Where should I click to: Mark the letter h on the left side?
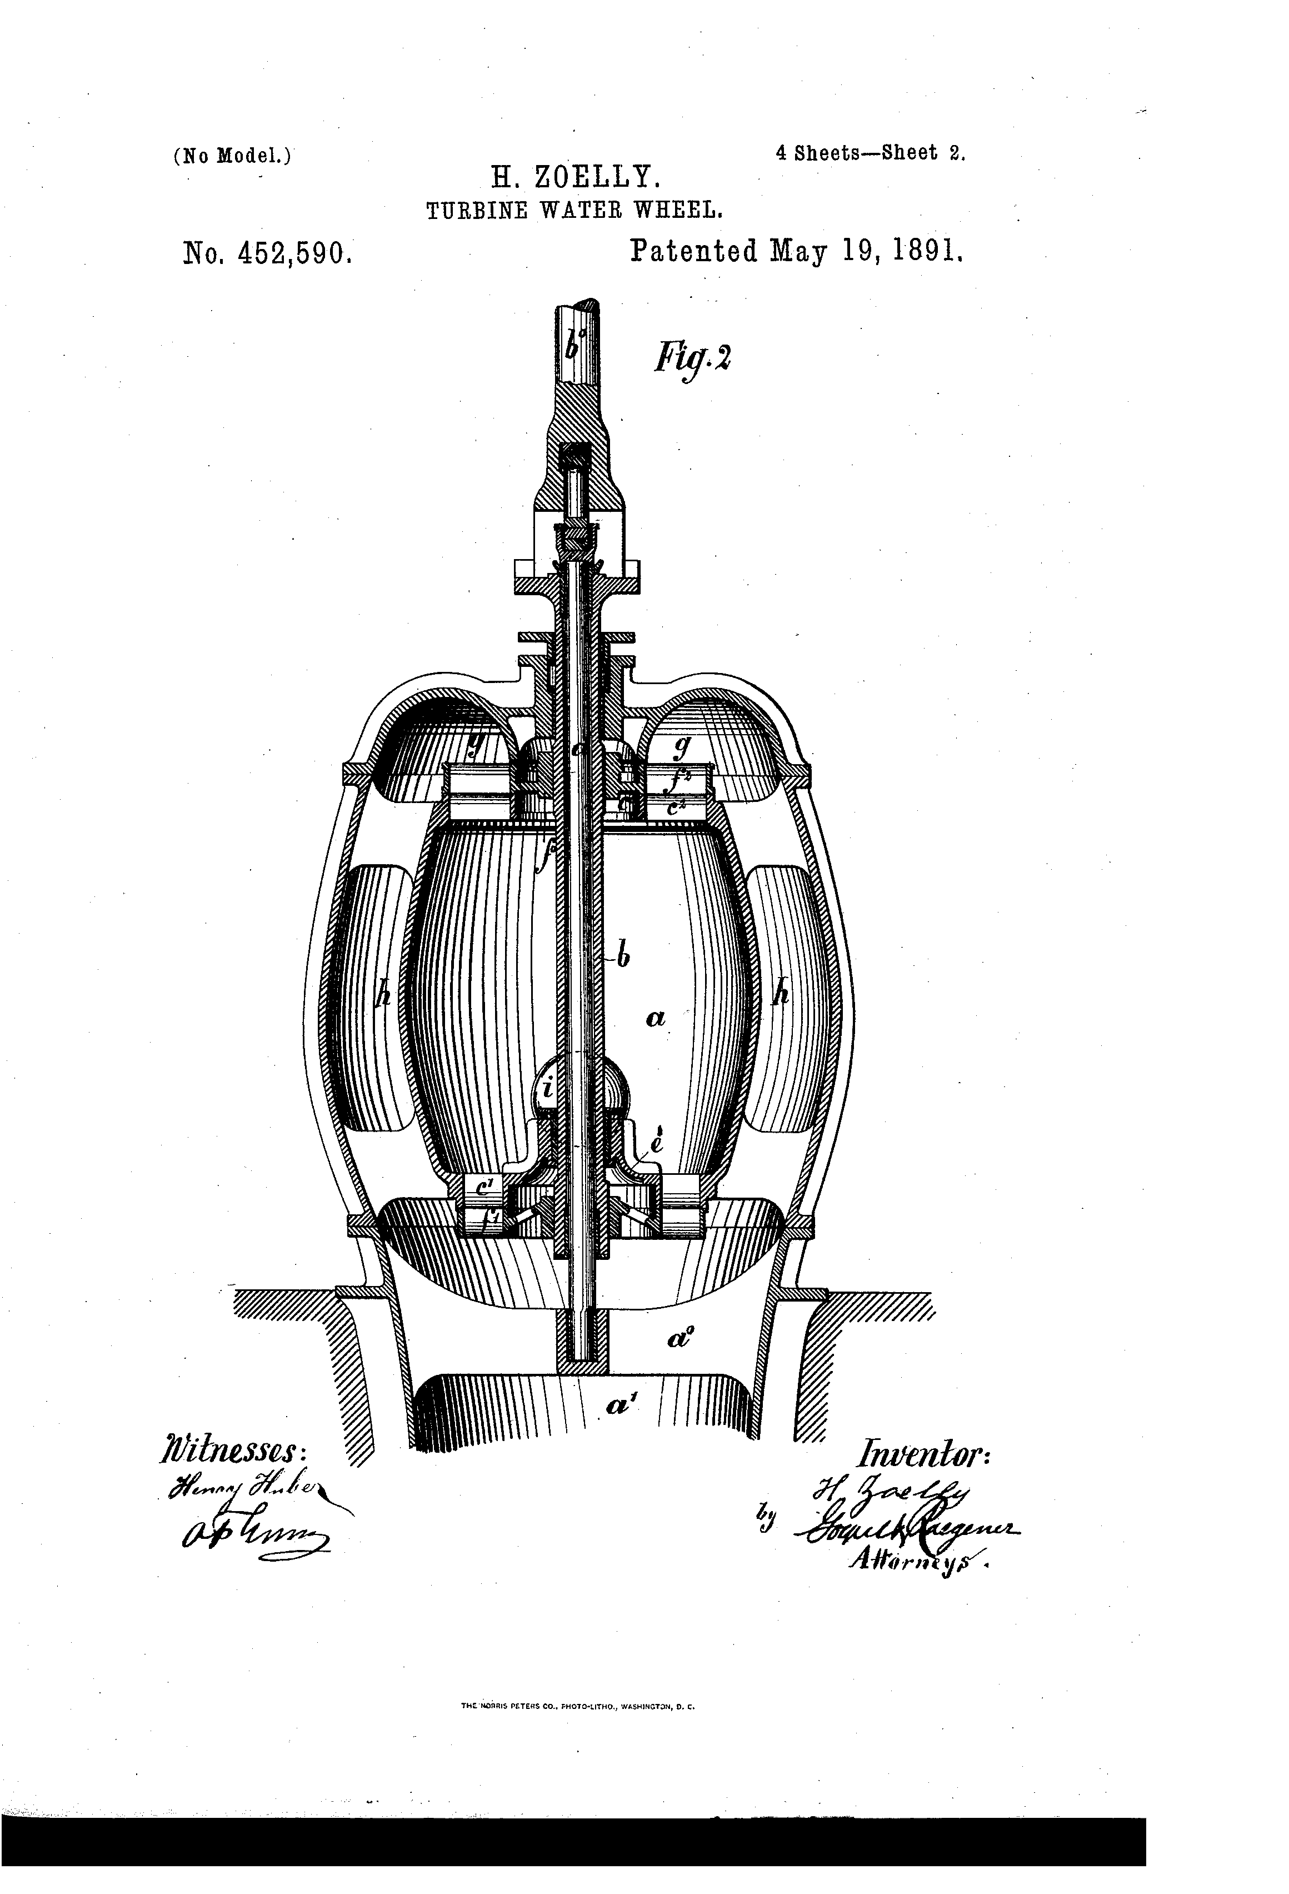point(384,993)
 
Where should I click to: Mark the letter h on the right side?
point(782,993)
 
